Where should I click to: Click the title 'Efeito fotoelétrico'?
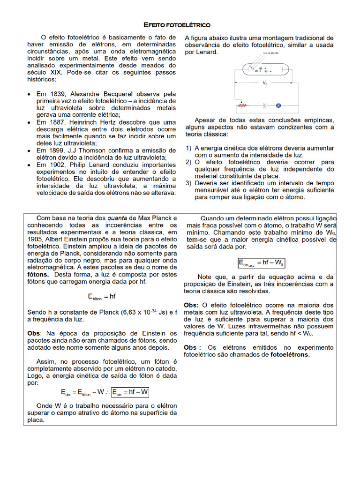(176, 24)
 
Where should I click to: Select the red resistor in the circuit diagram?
(242, 105)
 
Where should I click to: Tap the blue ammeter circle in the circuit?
(278, 105)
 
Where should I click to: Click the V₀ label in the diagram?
(265, 83)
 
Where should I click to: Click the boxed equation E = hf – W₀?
(261, 262)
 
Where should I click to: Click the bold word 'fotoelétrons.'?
(290, 354)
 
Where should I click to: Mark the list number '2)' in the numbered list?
(188, 162)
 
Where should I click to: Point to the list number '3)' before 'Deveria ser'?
(188, 183)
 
